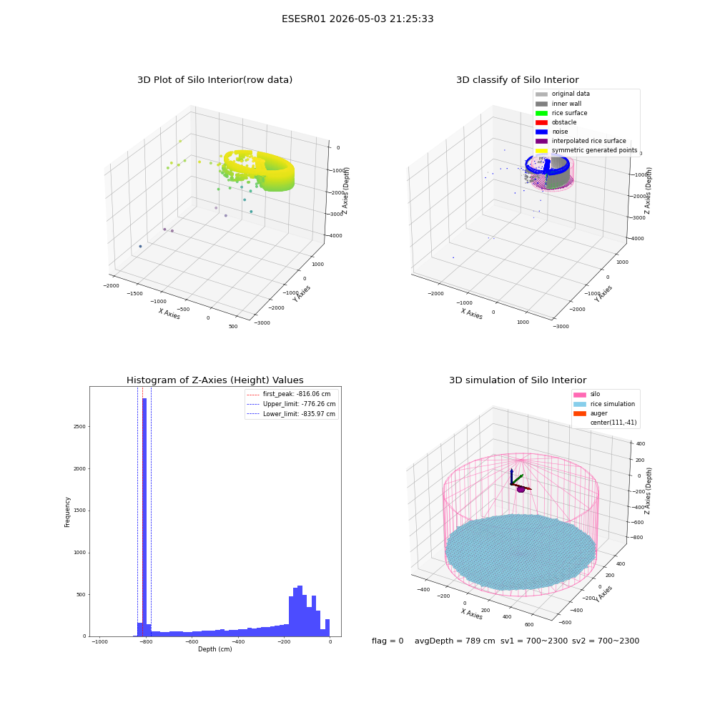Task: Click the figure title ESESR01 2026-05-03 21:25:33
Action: click(357, 19)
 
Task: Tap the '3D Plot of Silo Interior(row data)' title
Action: click(214, 80)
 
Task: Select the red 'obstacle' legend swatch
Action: click(541, 122)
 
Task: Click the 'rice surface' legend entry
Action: click(561, 113)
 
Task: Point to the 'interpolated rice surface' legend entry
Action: click(581, 141)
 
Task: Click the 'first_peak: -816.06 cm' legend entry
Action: click(289, 394)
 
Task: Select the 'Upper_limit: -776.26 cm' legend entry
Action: click(291, 404)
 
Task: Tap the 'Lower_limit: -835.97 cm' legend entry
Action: click(291, 414)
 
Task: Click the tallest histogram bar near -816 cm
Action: click(144, 517)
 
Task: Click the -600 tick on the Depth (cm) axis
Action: click(192, 641)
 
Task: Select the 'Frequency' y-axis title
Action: click(67, 512)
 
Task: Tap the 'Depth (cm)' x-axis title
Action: click(214, 649)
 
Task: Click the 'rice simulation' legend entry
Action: click(604, 404)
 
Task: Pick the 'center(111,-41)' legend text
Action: click(613, 423)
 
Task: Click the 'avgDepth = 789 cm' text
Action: click(455, 641)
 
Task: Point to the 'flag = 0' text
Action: click(388, 641)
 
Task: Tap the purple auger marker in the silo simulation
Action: click(521, 489)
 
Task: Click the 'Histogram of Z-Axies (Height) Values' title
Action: click(214, 380)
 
